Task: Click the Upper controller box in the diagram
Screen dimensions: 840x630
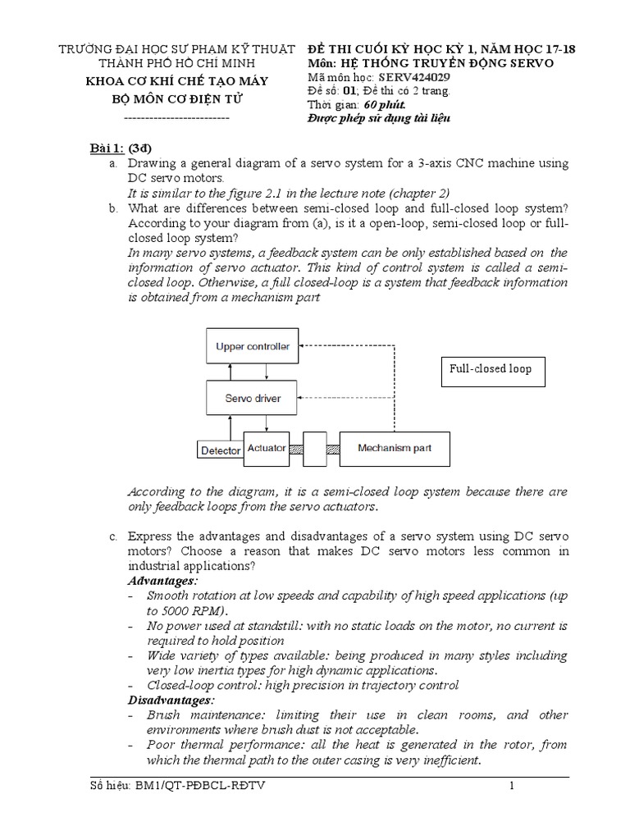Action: pyautogui.click(x=252, y=347)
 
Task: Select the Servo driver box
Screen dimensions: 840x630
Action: pyautogui.click(x=252, y=398)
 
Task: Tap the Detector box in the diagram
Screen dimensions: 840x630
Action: pyautogui.click(x=220, y=450)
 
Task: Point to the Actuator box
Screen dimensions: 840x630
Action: pyautogui.click(x=267, y=449)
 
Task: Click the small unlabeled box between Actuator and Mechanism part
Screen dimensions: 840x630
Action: pyautogui.click(x=314, y=449)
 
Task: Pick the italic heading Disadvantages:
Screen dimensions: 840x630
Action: pyautogui.click(x=171, y=700)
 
